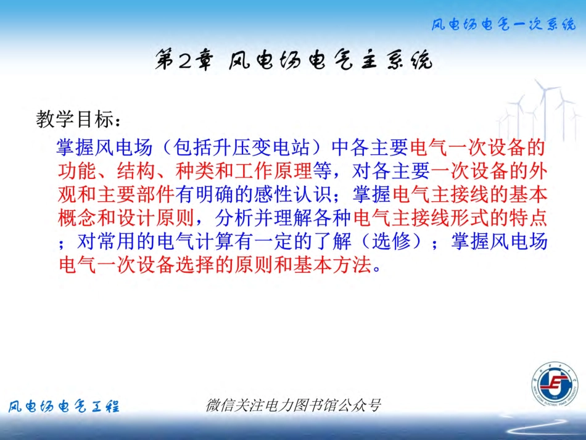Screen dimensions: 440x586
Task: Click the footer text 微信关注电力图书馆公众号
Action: coord(292,405)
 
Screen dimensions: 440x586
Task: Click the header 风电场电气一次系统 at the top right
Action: coord(503,25)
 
